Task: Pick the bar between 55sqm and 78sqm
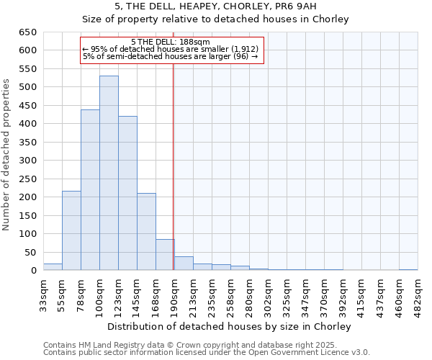[x=71, y=230]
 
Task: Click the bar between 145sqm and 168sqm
[x=146, y=232]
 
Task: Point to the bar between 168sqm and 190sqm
[x=165, y=255]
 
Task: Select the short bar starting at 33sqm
[x=53, y=266]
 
